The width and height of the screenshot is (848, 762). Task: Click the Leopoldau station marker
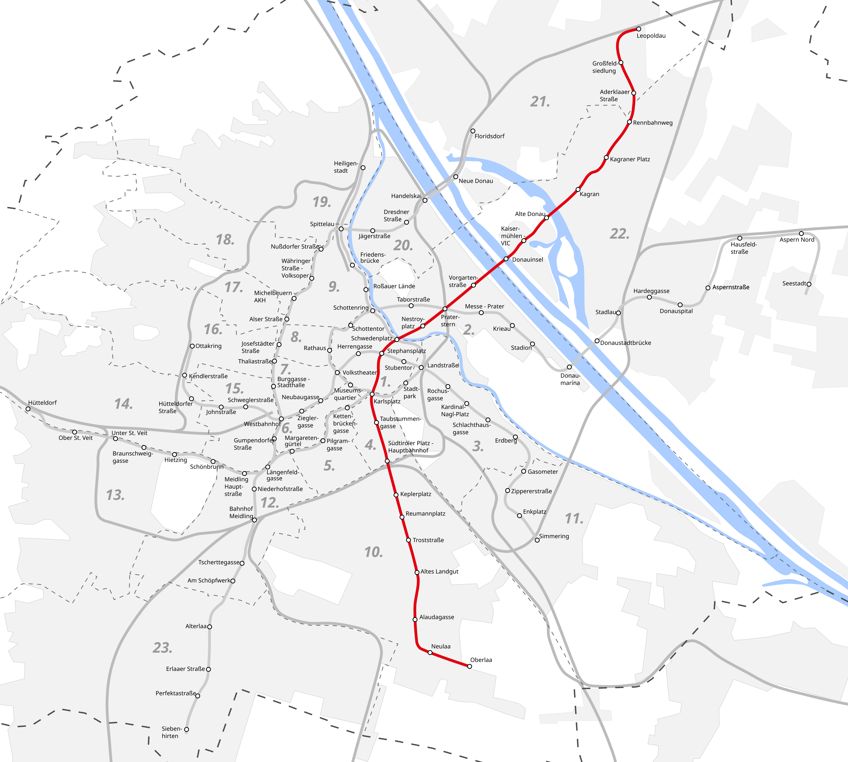(639, 29)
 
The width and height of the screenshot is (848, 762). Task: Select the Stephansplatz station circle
(381, 354)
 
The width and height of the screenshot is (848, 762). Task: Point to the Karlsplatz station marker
(372, 394)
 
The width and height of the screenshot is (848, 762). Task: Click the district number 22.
(619, 234)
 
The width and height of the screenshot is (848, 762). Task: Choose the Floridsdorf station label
(489, 136)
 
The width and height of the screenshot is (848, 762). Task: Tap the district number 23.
(162, 648)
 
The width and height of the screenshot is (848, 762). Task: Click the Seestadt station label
(794, 283)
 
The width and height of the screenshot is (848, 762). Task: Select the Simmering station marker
(537, 540)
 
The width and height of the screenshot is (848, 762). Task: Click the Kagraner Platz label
(630, 159)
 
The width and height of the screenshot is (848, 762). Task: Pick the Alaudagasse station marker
(415, 619)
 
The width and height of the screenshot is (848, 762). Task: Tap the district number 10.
(374, 552)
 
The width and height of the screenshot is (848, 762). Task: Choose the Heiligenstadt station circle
(363, 168)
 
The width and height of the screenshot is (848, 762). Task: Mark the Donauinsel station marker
(506, 259)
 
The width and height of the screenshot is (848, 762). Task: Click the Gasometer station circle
(524, 471)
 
